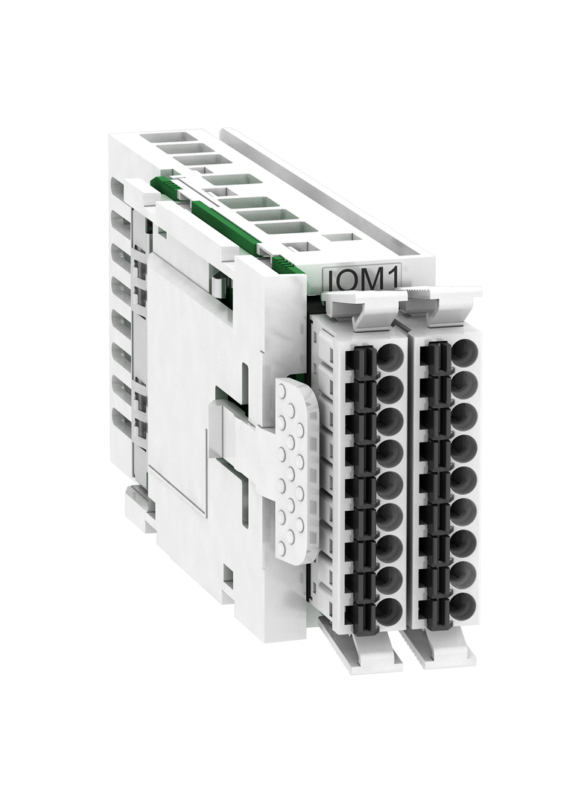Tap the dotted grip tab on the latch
292,469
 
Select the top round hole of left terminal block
389,357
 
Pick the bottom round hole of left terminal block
388,612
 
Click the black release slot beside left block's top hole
361,362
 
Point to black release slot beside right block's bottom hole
434,610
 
